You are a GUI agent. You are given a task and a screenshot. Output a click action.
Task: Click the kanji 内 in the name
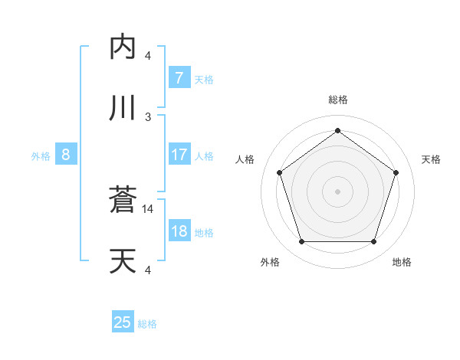point(123,47)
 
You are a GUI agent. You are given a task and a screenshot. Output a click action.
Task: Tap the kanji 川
point(123,108)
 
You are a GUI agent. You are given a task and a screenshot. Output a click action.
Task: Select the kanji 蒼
point(123,201)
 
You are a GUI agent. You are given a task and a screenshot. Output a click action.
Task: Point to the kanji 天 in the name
point(123,262)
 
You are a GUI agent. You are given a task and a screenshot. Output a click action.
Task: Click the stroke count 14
point(149,208)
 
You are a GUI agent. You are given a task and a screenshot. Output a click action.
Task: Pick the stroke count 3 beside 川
point(149,116)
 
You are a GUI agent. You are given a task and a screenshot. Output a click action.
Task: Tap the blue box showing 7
point(179,77)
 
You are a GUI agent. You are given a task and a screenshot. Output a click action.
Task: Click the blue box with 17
point(179,155)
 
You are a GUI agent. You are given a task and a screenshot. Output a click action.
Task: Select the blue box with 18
point(179,231)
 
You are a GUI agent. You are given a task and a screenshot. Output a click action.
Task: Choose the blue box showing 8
point(66,155)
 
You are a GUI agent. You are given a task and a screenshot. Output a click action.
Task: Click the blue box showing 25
point(123,322)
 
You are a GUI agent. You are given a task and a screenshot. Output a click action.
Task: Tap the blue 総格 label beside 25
point(147,324)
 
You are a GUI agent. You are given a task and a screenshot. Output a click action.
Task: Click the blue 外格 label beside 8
point(41,156)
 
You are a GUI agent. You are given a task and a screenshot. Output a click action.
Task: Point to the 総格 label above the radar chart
point(337,100)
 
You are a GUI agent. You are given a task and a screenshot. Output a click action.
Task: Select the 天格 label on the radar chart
point(431,159)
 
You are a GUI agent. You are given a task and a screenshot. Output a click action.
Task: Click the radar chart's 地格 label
point(402,262)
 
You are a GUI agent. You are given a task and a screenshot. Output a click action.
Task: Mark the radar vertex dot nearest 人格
point(279,172)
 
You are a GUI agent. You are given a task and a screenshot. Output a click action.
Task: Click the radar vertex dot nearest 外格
point(301,242)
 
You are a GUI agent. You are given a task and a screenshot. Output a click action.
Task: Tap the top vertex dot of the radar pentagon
point(337,130)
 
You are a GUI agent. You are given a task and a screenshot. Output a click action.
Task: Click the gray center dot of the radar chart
point(337,191)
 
